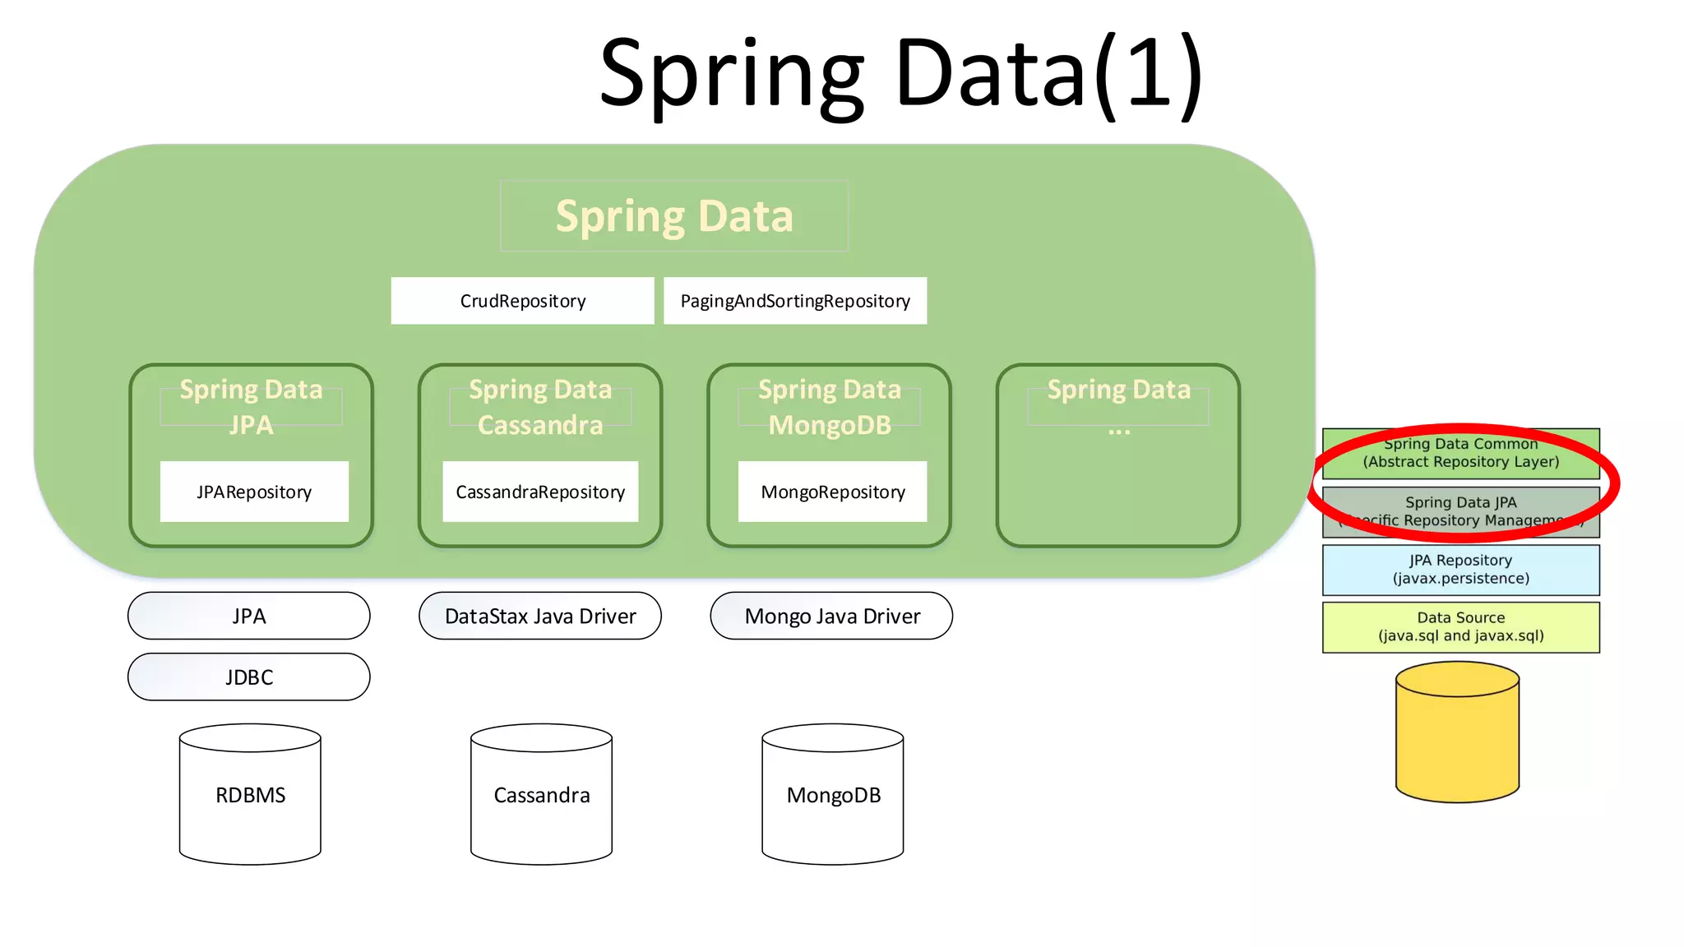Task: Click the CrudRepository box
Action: pos(522,301)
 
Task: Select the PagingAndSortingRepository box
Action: pos(795,301)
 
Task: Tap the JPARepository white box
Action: pos(254,492)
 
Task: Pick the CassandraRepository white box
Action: pos(540,492)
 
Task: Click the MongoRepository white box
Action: pos(832,492)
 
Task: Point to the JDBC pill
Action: pos(249,677)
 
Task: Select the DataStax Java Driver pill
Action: pos(540,617)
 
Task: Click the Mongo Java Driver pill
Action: pos(831,617)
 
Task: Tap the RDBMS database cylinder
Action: pos(250,794)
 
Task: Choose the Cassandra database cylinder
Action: pos(541,794)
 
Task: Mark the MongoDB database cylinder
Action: pos(833,794)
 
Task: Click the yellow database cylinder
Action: pos(1457,732)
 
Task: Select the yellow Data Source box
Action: pos(1460,627)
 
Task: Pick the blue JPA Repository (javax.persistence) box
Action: pos(1460,570)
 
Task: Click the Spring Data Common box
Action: pos(1460,453)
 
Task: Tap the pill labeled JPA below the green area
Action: pos(249,617)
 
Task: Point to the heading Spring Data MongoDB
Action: pos(830,407)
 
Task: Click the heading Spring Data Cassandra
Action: pos(540,407)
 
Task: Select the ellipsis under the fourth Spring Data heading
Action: pos(1118,429)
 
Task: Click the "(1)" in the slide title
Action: pos(1150,74)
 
